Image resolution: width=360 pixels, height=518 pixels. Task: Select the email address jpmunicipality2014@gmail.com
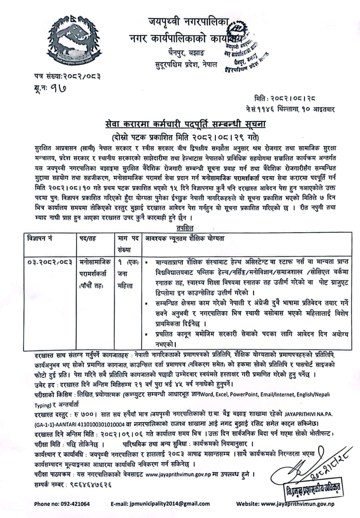(160, 504)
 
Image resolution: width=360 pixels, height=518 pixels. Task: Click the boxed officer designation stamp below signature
(312, 490)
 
